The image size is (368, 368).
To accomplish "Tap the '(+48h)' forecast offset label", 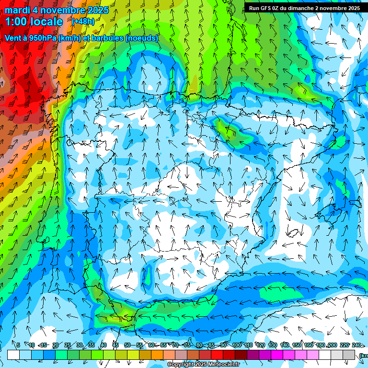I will pos(83,21).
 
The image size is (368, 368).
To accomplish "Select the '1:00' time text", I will pos(16,22).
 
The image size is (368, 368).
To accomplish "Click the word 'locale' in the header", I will pos(46,22).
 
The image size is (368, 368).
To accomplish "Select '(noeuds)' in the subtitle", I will pos(141,38).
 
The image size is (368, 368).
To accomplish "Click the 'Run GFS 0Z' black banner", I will pos(304,8).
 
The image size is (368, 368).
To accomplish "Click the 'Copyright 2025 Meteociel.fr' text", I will pos(204,365).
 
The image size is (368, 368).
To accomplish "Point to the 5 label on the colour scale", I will pos(18,345).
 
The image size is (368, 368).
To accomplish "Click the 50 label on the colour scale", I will pos(127,345).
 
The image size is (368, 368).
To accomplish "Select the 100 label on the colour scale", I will pos(237,345).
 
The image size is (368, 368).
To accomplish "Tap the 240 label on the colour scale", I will pos(356,345).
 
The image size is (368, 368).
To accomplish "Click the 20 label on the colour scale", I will pos(55,345).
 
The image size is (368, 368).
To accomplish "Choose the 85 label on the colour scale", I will pos(211,345).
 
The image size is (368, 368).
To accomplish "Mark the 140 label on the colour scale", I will pos(285,345).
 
